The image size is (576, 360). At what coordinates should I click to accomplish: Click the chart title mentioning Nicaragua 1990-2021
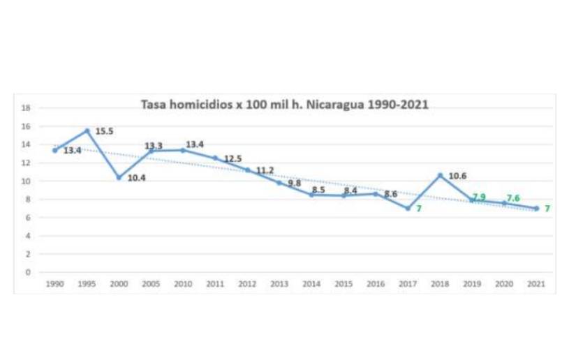[285, 105]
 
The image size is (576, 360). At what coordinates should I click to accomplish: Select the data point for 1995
[87, 130]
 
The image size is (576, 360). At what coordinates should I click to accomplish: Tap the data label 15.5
[104, 130]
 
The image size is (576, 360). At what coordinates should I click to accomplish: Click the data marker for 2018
[440, 175]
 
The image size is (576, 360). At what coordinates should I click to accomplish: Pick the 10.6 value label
[457, 176]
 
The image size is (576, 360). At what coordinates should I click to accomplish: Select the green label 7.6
[512, 198]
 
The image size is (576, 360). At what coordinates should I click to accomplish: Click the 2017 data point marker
[408, 208]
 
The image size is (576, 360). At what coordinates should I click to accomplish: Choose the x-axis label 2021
[536, 285]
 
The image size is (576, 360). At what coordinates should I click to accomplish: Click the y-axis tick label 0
[27, 272]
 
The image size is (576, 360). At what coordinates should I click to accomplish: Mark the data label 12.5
[232, 158]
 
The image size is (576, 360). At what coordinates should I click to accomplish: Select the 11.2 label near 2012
[264, 170]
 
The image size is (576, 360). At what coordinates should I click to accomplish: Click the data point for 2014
[311, 195]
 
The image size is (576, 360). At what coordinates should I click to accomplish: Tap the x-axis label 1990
[54, 285]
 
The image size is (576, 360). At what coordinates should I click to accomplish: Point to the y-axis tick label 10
[25, 181]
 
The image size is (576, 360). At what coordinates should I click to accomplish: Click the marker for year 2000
[119, 177]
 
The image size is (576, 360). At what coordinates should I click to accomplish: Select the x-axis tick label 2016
[376, 285]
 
